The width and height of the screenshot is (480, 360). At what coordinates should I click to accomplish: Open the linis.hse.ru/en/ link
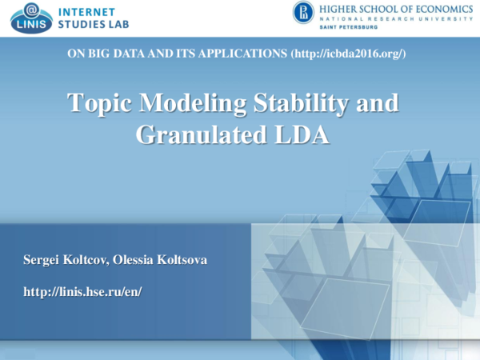click(x=82, y=291)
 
